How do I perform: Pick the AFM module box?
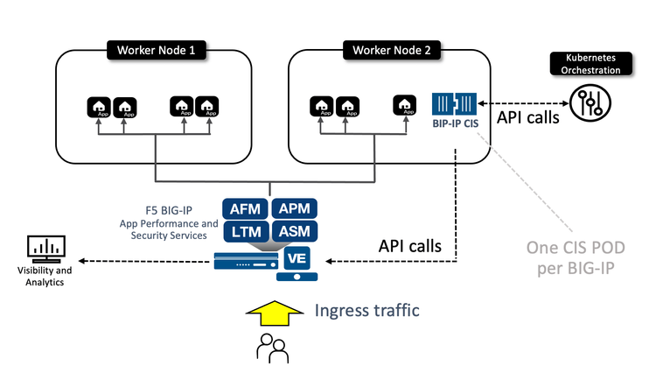245,208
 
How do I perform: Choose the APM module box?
293,208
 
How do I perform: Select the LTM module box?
245,232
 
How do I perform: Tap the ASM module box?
293,232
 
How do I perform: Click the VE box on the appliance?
295,258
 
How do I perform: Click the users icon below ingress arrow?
271,348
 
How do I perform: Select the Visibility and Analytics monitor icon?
45,250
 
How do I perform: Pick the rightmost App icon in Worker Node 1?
208,107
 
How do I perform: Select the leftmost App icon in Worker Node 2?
320,107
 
